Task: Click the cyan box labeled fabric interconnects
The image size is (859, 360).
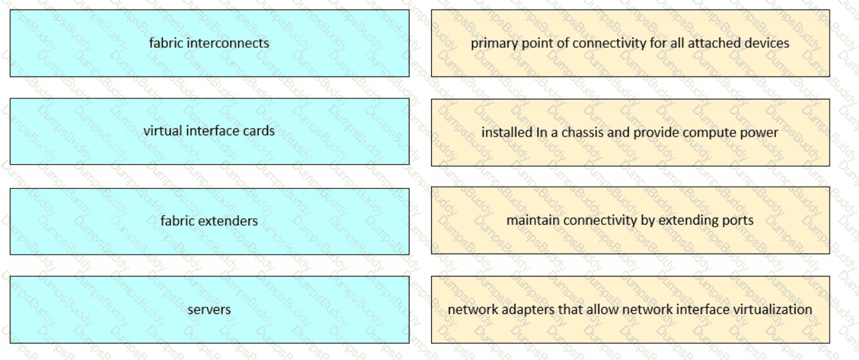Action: point(209,43)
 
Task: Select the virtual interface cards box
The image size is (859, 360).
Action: point(209,131)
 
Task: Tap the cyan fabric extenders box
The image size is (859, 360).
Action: point(209,221)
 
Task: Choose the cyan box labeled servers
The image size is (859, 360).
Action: point(209,310)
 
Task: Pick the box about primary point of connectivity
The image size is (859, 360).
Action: point(630,43)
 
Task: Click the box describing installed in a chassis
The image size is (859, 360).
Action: point(630,133)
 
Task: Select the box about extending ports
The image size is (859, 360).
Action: point(630,220)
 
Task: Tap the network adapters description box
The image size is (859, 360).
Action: point(630,310)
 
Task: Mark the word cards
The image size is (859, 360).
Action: point(259,131)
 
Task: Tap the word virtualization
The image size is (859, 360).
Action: point(773,310)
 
